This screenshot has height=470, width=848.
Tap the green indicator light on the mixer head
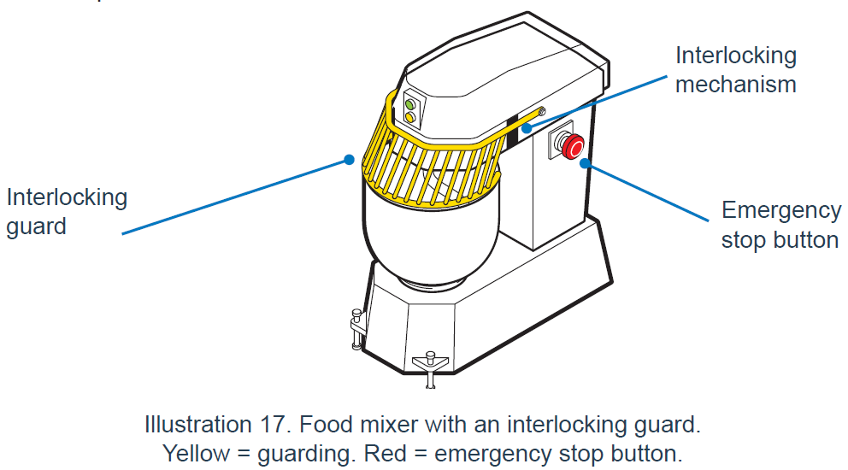(410, 103)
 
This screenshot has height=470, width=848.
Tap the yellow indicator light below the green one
(410, 116)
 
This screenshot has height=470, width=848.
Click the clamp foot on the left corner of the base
(356, 329)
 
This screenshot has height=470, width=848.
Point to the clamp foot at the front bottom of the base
(430, 366)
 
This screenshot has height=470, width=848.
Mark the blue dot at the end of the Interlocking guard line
(348, 159)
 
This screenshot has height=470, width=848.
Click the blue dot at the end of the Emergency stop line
(585, 162)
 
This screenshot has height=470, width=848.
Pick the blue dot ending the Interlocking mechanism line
(528, 128)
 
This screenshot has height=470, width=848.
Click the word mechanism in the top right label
(735, 85)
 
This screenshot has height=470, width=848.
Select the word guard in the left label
(36, 227)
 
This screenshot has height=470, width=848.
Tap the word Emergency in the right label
(780, 210)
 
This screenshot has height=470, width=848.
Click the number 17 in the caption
(294, 424)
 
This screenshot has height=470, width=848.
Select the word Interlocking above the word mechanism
(735, 56)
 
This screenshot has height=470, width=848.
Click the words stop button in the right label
(779, 239)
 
